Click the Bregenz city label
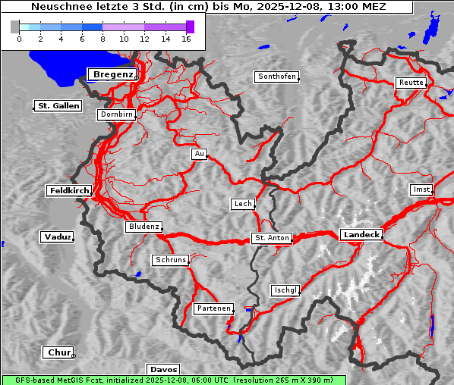(112, 74)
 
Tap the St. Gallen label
(58, 106)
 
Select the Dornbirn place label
(117, 115)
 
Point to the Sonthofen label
(276, 77)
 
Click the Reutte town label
(410, 83)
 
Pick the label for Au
(199, 155)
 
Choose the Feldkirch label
(69, 191)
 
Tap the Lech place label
(242, 204)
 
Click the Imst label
(420, 189)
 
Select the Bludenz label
(143, 227)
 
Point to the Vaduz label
(57, 237)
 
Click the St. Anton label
(271, 238)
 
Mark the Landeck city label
(361, 235)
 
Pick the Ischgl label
(285, 290)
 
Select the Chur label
(58, 352)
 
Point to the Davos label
(163, 369)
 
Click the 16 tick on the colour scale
(186, 38)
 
